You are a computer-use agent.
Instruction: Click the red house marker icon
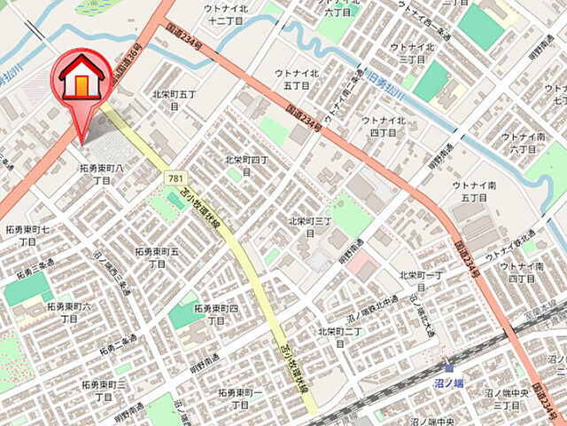coord(82,80)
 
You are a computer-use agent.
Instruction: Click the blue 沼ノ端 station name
coord(449,383)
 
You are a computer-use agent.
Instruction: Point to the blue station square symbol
coord(449,367)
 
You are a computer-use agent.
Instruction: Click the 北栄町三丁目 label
coord(309,226)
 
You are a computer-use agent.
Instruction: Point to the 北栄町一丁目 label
coord(421,281)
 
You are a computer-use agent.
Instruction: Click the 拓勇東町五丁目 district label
coord(157,257)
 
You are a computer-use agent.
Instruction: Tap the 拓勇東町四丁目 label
coord(217,313)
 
